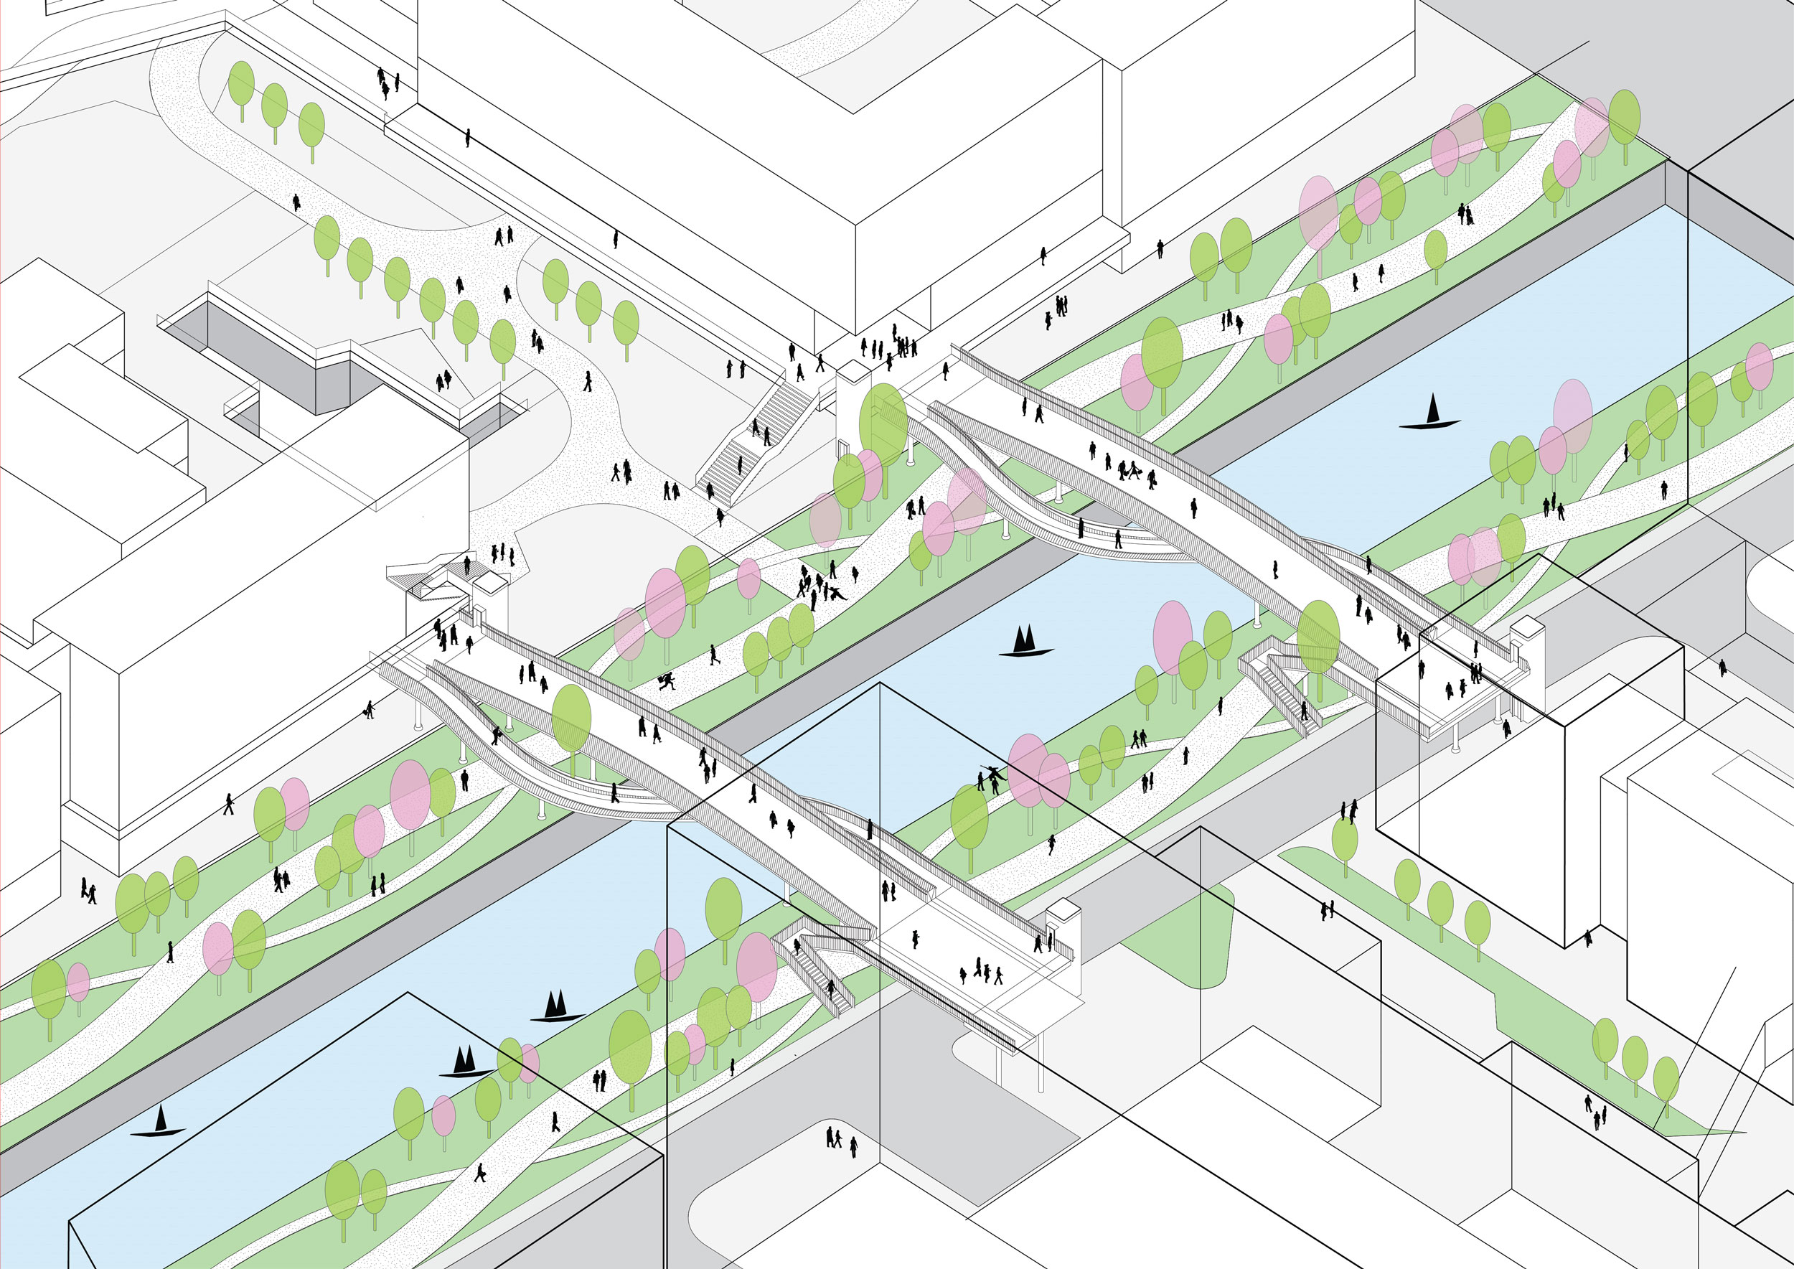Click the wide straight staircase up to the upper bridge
pyautogui.click(x=755, y=441)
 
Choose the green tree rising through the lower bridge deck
pyautogui.click(x=571, y=723)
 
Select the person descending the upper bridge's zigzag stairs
pyautogui.click(x=1302, y=711)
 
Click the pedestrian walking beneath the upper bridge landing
pyautogui.click(x=1506, y=729)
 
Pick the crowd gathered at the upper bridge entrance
pyautogui.click(x=891, y=347)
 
